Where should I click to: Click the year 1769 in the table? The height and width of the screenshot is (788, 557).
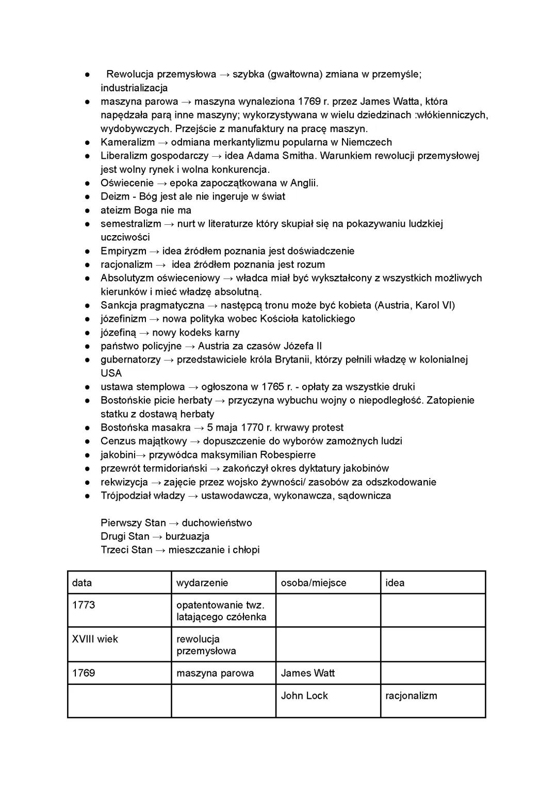[84, 673]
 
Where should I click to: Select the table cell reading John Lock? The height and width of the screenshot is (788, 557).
[304, 696]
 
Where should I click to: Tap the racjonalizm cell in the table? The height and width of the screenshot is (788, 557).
[411, 696]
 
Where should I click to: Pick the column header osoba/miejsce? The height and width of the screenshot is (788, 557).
[314, 583]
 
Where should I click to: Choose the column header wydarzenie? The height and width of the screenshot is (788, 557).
[202, 583]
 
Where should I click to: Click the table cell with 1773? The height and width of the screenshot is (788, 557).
[84, 605]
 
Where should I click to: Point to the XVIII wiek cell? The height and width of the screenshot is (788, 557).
[95, 639]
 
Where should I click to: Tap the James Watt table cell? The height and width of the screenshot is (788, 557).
[308, 673]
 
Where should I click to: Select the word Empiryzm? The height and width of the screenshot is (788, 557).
[123, 251]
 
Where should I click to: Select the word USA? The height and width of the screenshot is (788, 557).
[111, 373]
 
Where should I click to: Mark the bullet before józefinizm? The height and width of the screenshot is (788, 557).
[88, 319]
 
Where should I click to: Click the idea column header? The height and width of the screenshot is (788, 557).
[395, 583]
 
